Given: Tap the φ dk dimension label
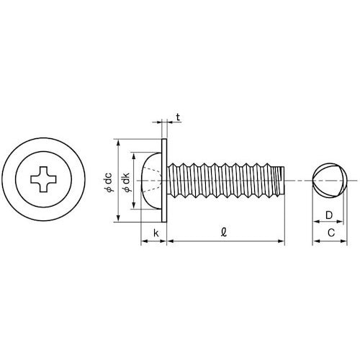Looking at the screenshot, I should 126,181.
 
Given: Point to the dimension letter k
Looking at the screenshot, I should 156,233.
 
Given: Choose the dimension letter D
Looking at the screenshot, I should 328,215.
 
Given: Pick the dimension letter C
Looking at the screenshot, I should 329,233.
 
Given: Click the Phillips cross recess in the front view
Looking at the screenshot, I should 43,178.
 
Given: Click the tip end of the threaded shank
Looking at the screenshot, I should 282,181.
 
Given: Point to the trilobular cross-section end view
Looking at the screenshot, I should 328,180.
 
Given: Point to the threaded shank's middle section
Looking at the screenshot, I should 223,181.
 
